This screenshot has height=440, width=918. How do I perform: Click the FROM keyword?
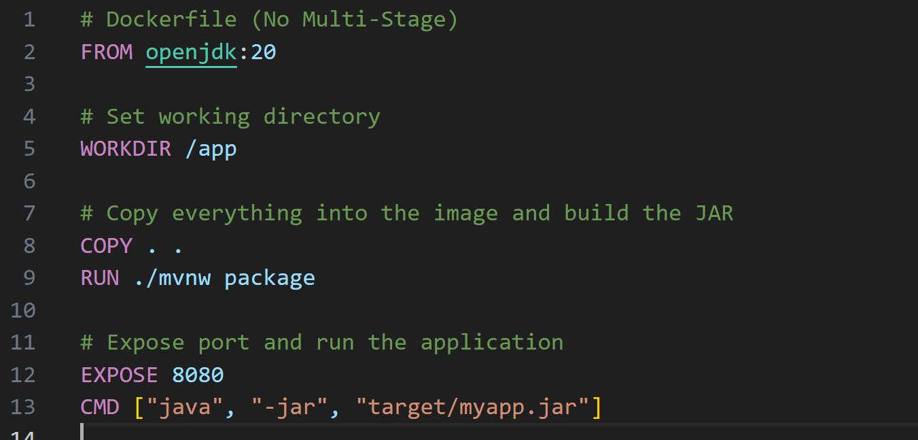pos(106,52)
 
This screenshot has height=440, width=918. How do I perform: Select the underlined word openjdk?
pos(191,52)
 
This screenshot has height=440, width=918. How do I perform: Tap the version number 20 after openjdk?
pos(263,52)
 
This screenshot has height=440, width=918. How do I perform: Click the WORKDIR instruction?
pos(126,148)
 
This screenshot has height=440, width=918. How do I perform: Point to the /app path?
pos(211,148)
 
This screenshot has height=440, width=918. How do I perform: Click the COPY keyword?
pos(106,246)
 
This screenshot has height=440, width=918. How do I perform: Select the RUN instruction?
pos(100,277)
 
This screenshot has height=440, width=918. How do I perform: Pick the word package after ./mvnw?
pos(270,277)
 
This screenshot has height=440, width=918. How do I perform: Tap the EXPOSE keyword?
pos(119,375)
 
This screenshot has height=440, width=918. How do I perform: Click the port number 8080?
pos(198,375)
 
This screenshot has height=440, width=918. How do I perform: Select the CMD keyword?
pos(100,407)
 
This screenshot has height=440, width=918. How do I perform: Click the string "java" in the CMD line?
pos(185,407)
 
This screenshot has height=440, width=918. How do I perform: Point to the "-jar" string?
pos(289,407)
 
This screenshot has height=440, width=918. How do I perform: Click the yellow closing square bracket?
pos(596,407)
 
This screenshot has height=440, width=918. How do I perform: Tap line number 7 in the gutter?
pos(29,213)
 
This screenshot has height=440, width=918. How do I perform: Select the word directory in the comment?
pos(321,116)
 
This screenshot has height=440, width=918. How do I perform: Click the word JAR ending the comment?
pos(713,213)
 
